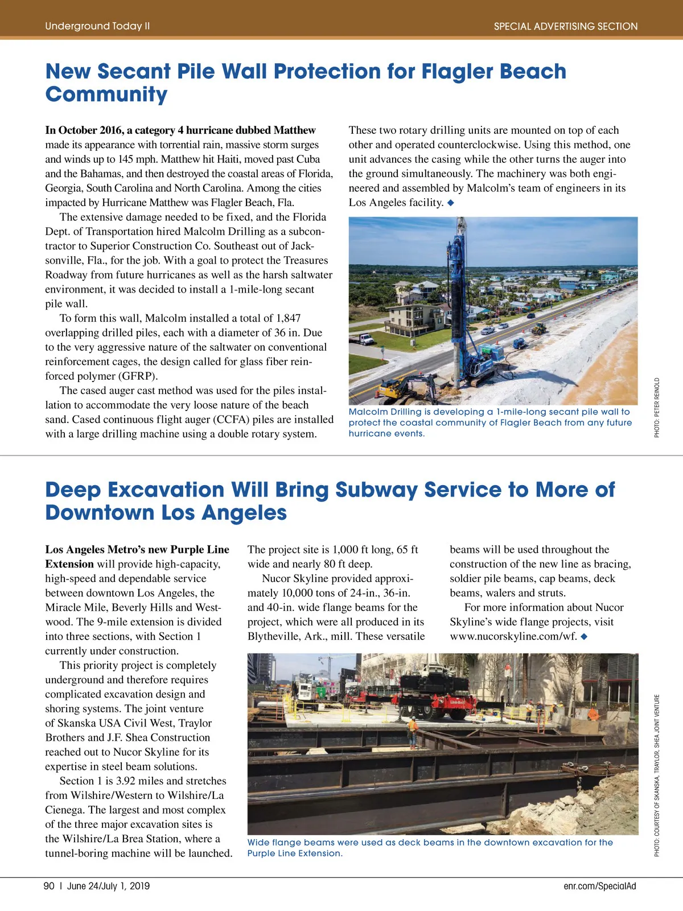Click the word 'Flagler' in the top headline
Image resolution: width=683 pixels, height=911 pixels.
(457, 72)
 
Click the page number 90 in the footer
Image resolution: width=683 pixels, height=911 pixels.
(49, 886)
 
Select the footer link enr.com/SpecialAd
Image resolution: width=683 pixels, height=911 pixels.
(600, 886)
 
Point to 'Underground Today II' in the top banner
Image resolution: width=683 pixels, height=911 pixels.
(97, 26)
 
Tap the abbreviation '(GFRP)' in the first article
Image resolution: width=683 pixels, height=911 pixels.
(138, 376)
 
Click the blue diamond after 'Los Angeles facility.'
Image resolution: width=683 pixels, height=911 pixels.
(451, 203)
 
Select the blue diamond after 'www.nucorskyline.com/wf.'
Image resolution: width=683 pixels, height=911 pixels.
(584, 637)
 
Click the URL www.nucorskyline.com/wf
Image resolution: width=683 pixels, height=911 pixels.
(513, 637)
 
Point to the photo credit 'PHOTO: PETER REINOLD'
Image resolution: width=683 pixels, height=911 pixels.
(657, 408)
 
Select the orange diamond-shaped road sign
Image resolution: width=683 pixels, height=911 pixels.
(593, 714)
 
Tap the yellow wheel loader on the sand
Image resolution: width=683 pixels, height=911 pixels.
(538, 329)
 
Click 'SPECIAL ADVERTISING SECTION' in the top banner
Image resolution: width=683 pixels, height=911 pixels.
(566, 26)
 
